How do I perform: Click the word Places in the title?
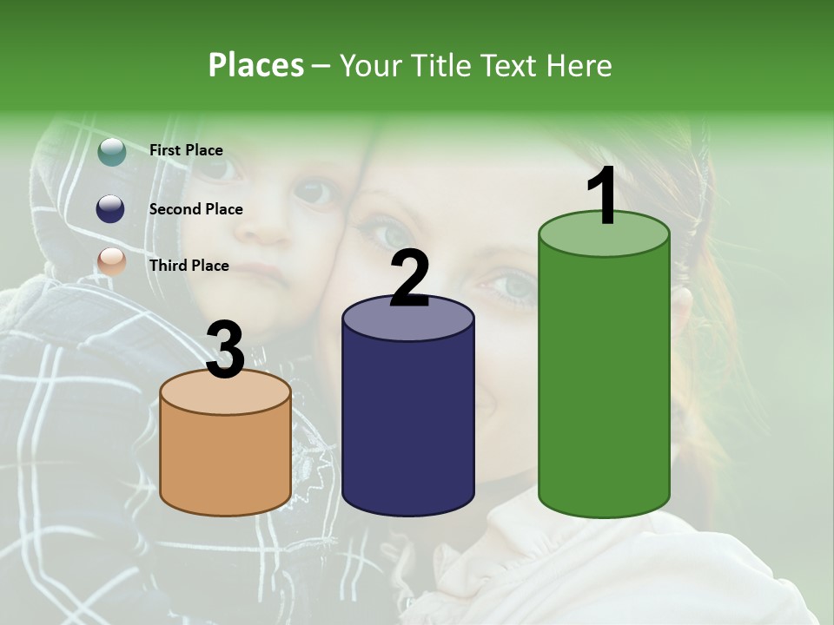click(256, 65)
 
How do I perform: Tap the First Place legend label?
click(186, 150)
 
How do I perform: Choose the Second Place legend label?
click(195, 209)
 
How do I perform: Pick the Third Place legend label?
click(189, 266)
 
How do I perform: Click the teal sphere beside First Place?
click(111, 151)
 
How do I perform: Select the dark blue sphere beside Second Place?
click(111, 208)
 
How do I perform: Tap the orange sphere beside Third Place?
click(111, 261)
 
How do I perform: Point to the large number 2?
click(410, 279)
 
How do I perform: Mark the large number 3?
click(226, 351)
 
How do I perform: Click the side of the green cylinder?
click(604, 382)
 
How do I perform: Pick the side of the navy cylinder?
click(408, 425)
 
